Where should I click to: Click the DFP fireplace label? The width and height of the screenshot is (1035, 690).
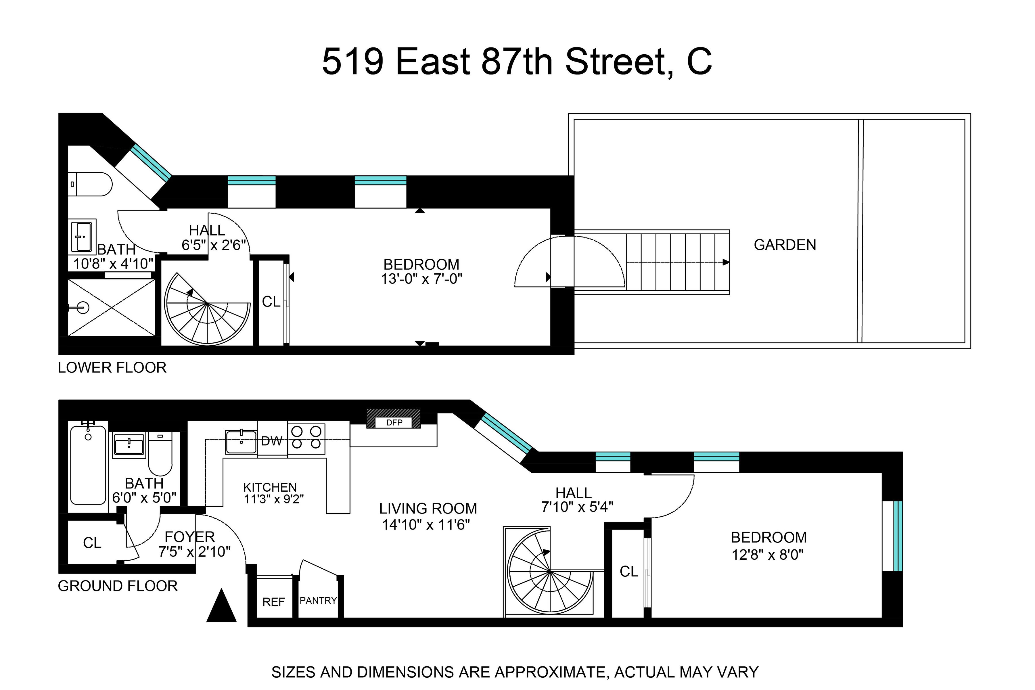(x=394, y=422)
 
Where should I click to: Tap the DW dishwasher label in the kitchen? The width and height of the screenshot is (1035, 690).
(x=271, y=441)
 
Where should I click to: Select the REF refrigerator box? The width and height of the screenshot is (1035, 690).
(x=274, y=601)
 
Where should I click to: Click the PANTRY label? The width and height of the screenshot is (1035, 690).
(x=318, y=600)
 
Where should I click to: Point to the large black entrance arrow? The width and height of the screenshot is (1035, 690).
(x=221, y=607)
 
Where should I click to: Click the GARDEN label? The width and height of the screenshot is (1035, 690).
(x=785, y=245)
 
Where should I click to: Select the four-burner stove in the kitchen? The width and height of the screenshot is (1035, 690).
(x=306, y=438)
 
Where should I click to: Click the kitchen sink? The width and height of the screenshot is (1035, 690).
(x=241, y=442)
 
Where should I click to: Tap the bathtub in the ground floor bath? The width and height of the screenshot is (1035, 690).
(x=88, y=465)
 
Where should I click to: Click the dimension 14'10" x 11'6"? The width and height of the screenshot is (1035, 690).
(x=426, y=525)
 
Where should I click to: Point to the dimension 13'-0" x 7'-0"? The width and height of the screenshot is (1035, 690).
(x=421, y=279)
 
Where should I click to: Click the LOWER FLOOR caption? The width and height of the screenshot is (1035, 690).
(x=112, y=367)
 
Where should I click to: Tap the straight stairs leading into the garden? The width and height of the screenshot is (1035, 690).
(x=678, y=262)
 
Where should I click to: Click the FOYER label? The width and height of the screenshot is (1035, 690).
(x=190, y=537)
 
